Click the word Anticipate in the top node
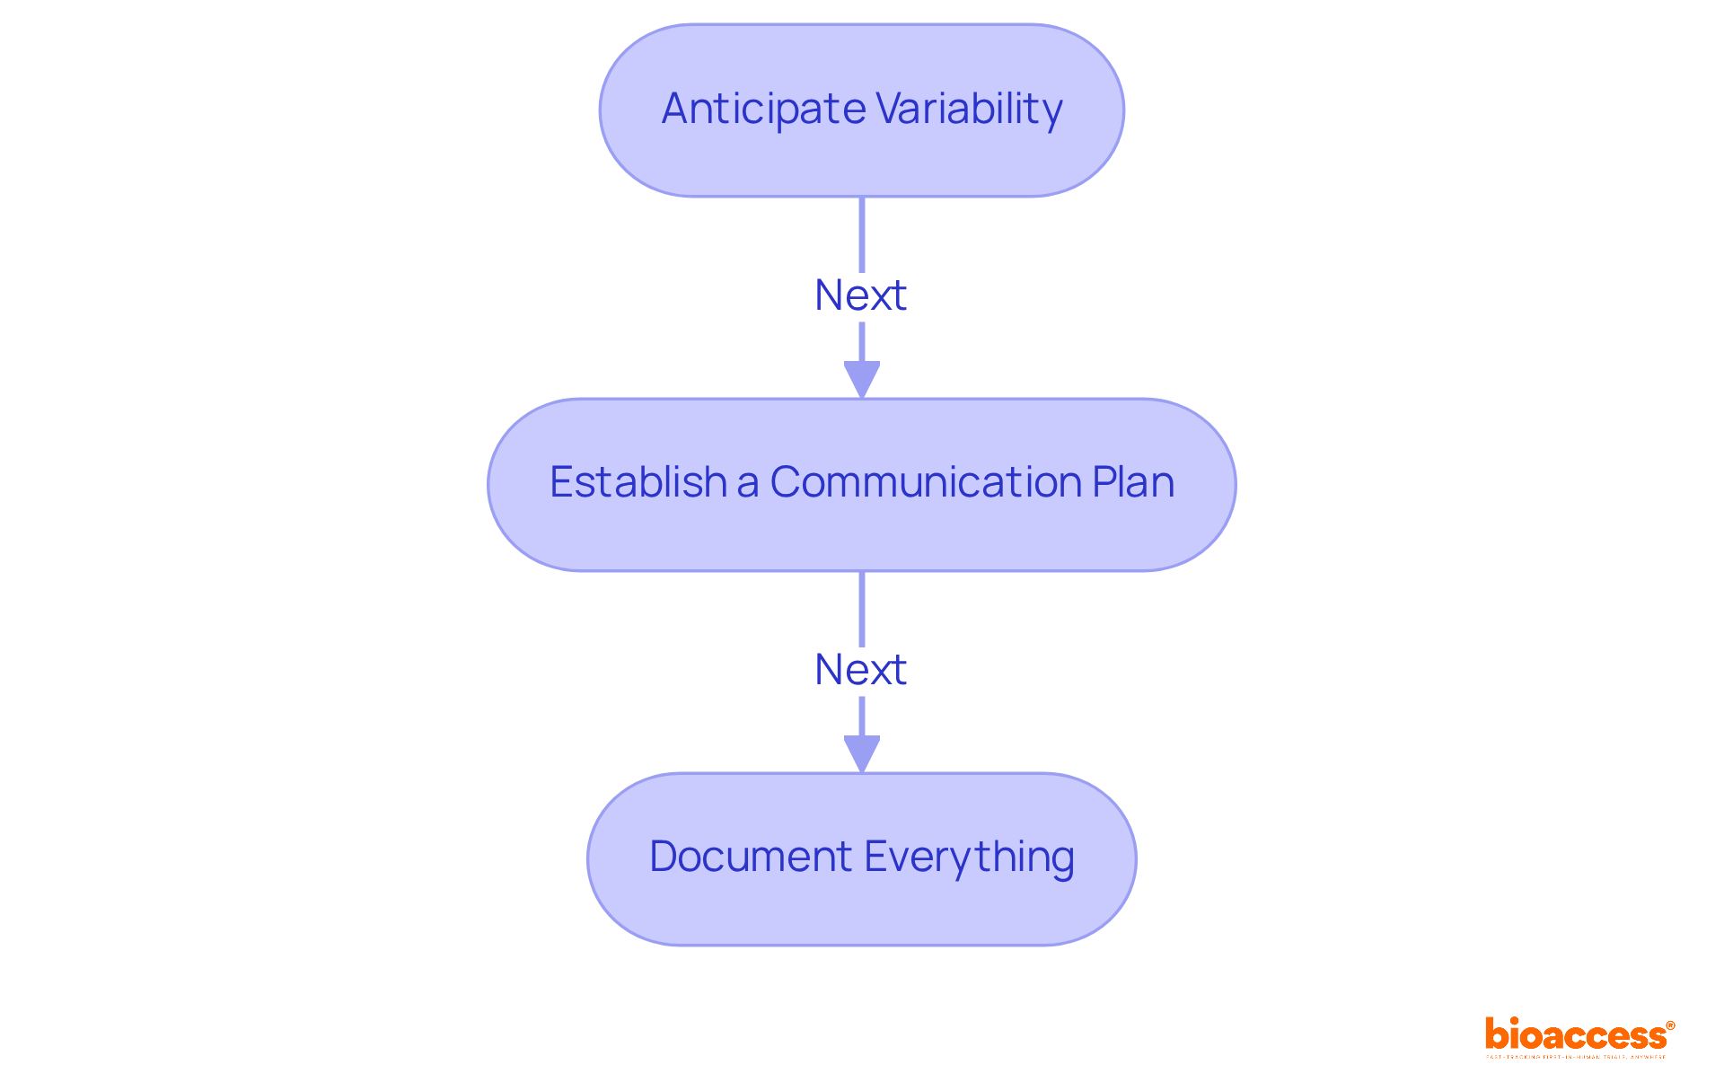click(763, 110)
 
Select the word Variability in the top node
click(969, 110)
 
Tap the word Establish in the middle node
click(638, 482)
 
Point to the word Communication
click(925, 482)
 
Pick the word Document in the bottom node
click(750, 856)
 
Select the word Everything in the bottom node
click(970, 856)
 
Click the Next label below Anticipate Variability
click(860, 295)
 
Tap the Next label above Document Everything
click(860, 670)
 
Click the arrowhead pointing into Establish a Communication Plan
click(862, 379)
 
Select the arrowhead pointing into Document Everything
click(862, 753)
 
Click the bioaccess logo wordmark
click(1575, 1034)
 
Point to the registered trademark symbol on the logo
click(1670, 1025)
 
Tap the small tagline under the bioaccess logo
click(1576, 1057)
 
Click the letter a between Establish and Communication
click(748, 483)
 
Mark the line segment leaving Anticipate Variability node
click(862, 233)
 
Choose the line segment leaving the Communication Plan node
click(862, 608)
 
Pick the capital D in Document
click(664, 856)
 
